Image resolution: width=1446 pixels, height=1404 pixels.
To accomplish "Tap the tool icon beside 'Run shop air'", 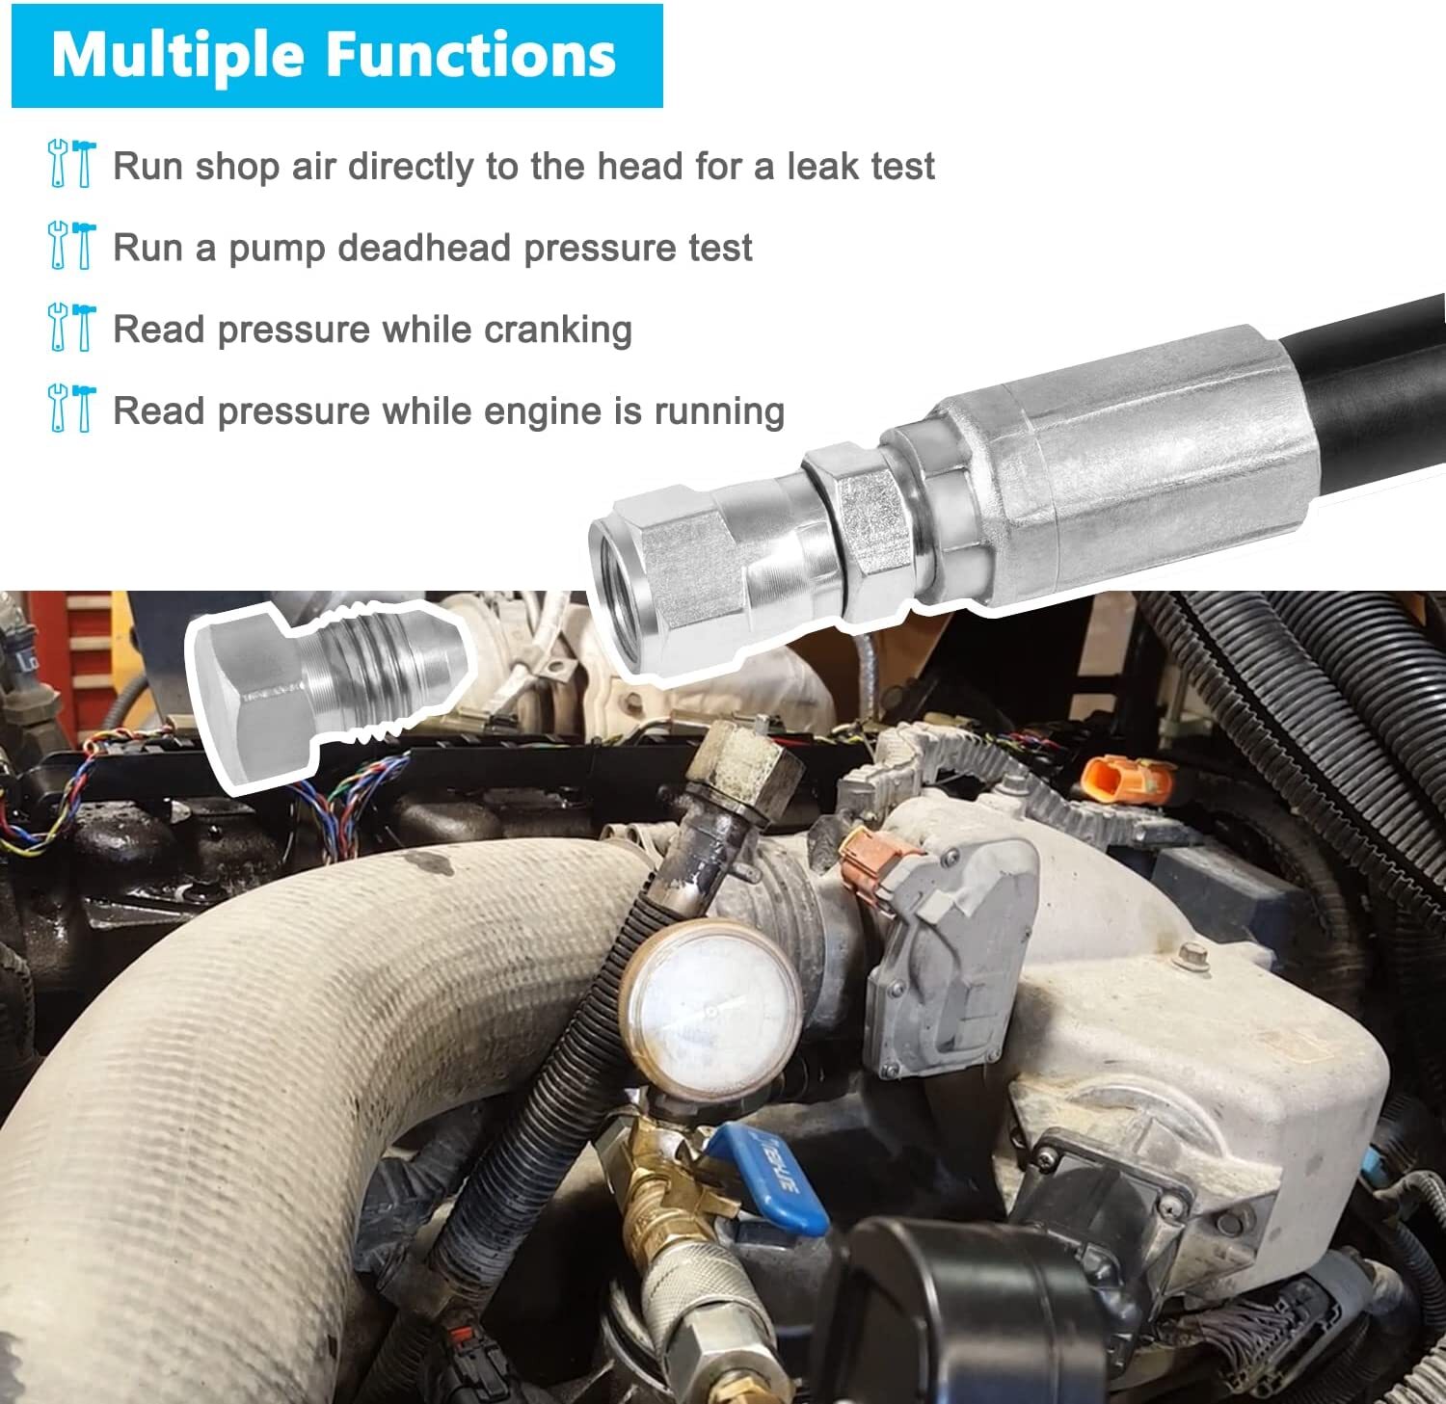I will pyautogui.click(x=71, y=164).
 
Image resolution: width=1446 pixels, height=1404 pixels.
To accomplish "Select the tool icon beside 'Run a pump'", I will pyautogui.click(x=71, y=246).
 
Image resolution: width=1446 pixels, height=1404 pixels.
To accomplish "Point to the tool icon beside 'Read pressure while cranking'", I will pyautogui.click(x=71, y=328).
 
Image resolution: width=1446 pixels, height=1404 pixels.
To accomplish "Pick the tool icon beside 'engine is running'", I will pyautogui.click(x=71, y=409).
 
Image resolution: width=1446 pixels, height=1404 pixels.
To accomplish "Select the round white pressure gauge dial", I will pyautogui.click(x=711, y=1011).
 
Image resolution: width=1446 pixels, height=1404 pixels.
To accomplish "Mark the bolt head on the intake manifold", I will pyautogui.click(x=1193, y=954).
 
